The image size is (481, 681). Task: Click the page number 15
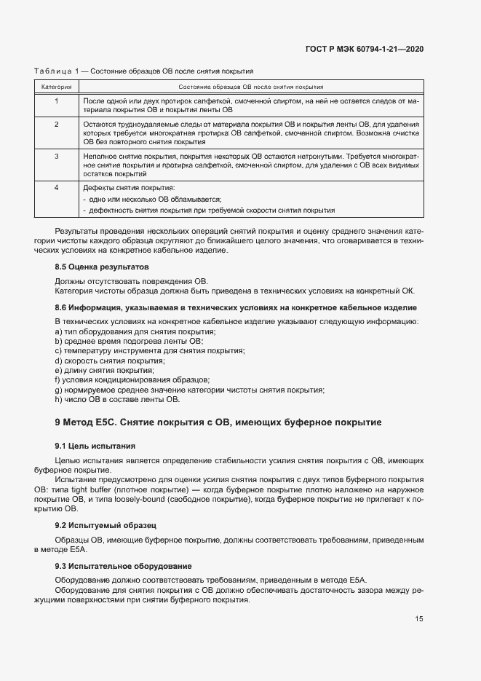(x=419, y=619)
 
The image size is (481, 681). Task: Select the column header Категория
(x=56, y=87)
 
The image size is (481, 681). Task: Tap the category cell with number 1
(x=56, y=100)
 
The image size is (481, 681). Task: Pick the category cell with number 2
(x=56, y=125)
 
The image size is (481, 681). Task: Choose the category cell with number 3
(x=56, y=156)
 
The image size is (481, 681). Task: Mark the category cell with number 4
(x=56, y=188)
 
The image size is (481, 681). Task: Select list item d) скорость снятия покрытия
(x=109, y=361)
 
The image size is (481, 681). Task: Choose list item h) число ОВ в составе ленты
(x=116, y=399)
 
